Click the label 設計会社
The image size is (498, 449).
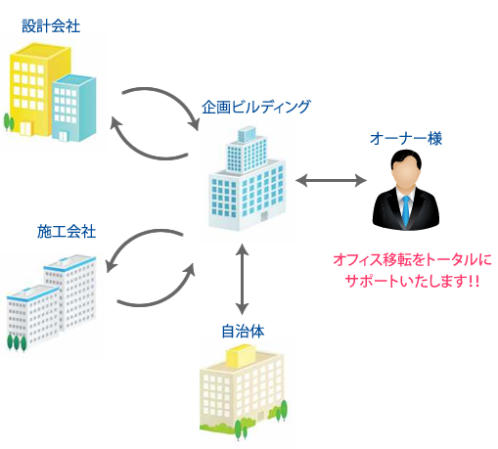tap(51, 26)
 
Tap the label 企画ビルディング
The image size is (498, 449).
tap(256, 107)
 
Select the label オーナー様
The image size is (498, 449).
tap(406, 138)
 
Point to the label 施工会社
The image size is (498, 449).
tap(67, 232)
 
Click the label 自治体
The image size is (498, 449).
tap(243, 332)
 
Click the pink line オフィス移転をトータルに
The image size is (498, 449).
tap(412, 260)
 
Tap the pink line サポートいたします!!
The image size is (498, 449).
tap(412, 281)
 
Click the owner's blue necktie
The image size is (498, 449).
tap(405, 210)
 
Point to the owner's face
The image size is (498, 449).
tap(406, 174)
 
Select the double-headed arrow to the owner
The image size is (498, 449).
tap(331, 180)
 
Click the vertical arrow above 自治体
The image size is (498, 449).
tap(242, 279)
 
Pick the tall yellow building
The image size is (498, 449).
tap(36, 90)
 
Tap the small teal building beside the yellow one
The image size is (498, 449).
tap(73, 109)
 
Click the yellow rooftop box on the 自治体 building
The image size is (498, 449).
tap(242, 356)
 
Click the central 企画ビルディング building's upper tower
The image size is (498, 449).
tap(247, 151)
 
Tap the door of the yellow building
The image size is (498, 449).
tap(26, 129)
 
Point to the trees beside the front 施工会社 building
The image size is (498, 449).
tap(17, 343)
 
